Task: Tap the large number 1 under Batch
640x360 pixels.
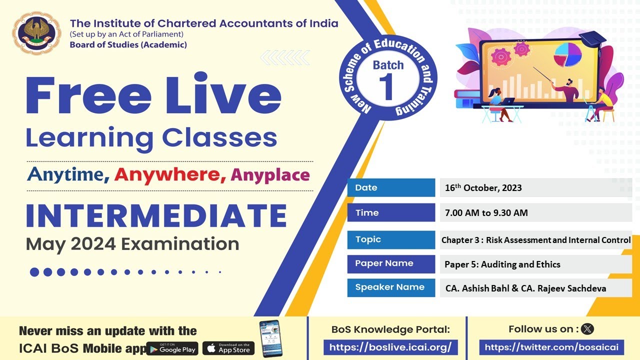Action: click(x=389, y=86)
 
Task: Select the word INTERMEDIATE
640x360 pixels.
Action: click(x=156, y=215)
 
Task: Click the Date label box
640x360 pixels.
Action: click(x=391, y=188)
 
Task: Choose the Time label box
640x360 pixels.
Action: click(x=391, y=212)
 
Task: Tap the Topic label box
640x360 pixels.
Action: click(x=391, y=239)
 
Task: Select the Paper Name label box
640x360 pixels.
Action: click(x=391, y=263)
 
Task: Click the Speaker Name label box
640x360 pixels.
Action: click(x=391, y=287)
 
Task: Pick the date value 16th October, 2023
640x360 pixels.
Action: click(x=483, y=188)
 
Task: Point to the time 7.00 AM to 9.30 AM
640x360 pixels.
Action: click(x=486, y=213)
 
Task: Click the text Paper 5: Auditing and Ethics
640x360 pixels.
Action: click(x=502, y=264)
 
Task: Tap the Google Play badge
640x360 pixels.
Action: click(x=172, y=348)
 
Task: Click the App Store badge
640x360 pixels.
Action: click(x=228, y=348)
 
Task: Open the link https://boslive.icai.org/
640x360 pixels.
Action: click(x=390, y=347)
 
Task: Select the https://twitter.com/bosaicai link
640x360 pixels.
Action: click(x=551, y=347)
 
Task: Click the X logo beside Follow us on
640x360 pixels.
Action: click(x=587, y=329)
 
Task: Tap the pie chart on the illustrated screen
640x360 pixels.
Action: click(x=568, y=54)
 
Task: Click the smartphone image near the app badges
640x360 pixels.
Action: click(x=270, y=338)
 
